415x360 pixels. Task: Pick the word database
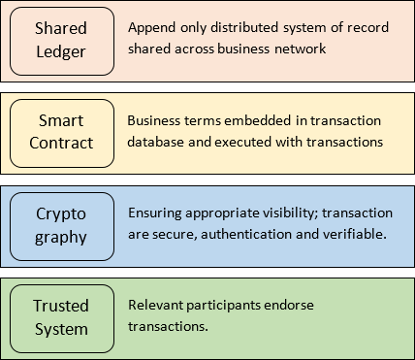click(x=158, y=141)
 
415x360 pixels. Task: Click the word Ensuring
click(x=157, y=213)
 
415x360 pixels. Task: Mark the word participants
click(x=229, y=305)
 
